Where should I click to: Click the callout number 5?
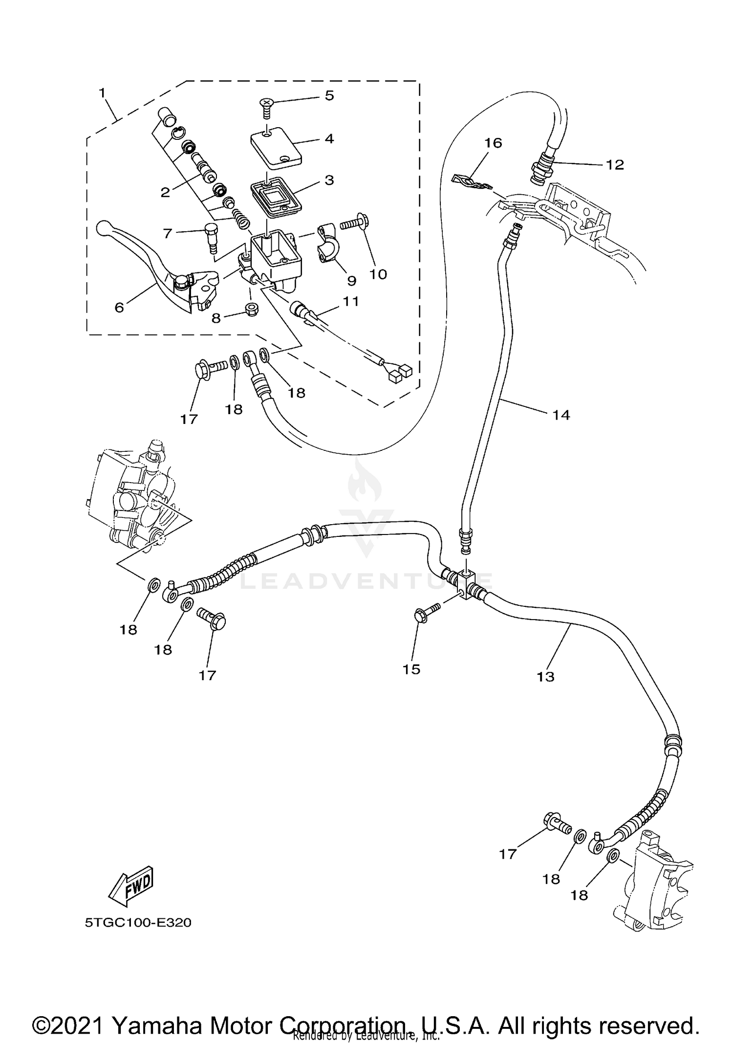(329, 96)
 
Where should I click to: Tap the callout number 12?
(615, 165)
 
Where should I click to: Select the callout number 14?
(561, 415)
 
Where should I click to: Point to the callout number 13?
(545, 676)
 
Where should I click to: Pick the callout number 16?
(493, 143)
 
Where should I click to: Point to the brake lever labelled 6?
(147, 259)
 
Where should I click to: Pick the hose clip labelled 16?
(469, 181)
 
